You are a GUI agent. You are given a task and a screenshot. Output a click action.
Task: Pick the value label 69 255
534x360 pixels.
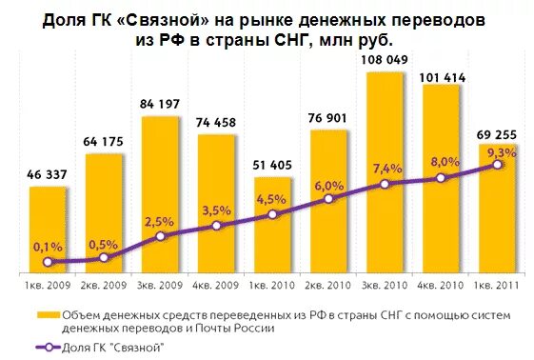click(x=497, y=131)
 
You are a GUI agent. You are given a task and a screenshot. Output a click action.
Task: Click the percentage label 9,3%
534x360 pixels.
click(x=500, y=152)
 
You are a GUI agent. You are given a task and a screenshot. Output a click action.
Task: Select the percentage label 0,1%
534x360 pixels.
click(x=48, y=247)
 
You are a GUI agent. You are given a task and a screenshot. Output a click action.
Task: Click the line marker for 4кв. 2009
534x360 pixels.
click(x=217, y=226)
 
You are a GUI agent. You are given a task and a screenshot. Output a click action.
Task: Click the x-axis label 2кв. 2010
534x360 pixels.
click(x=328, y=283)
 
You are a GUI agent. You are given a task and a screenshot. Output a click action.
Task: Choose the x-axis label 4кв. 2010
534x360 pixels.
click(x=441, y=283)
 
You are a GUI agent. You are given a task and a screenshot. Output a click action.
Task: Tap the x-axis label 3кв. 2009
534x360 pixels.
click(x=160, y=283)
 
